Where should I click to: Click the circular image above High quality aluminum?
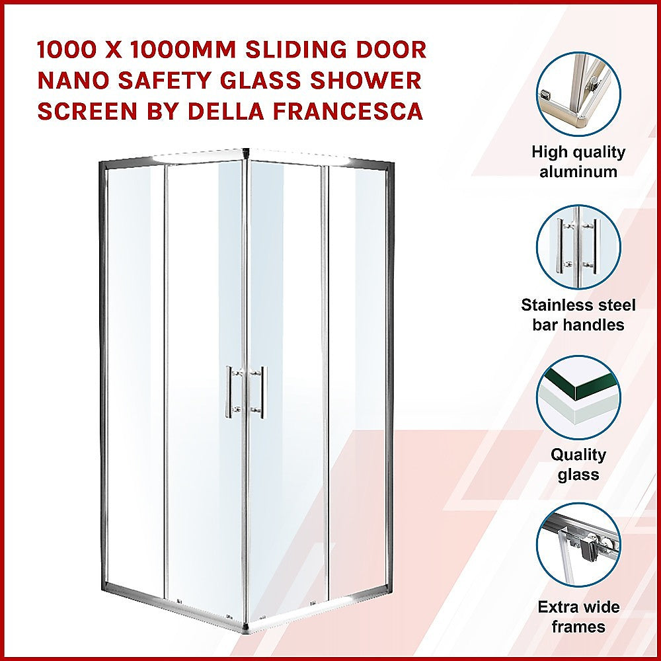578,95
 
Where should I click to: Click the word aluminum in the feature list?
578,172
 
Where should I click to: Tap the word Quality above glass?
578,455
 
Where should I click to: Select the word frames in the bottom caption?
578,627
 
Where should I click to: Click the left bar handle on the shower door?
229,391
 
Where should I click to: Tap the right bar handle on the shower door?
263,391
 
